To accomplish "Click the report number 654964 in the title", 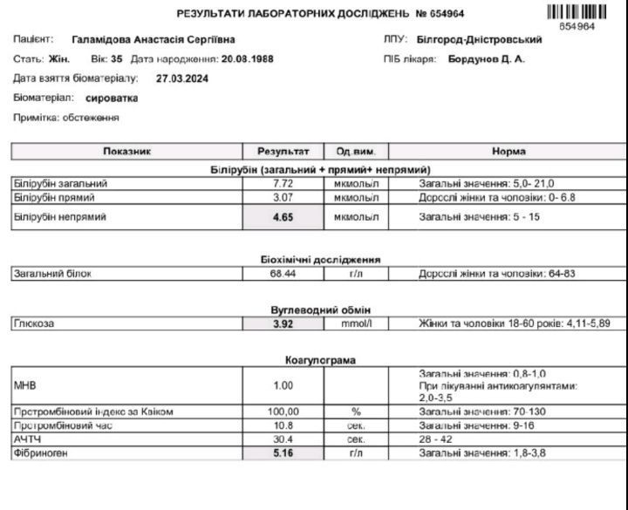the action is [x=446, y=14].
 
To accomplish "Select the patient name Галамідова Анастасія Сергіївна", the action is [x=154, y=40].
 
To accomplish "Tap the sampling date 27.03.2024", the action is [x=182, y=78].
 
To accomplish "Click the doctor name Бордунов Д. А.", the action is [x=487, y=59].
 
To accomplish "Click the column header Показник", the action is [x=127, y=152].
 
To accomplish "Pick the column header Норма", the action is [x=509, y=152].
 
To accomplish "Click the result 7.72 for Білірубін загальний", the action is [x=283, y=184].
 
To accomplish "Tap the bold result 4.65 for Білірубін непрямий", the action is [x=283, y=217].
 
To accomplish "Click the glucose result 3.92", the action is [x=283, y=323].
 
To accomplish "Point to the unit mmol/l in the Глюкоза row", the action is [x=356, y=323].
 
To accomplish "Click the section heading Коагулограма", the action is [x=320, y=360].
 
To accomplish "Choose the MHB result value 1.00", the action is [x=283, y=385].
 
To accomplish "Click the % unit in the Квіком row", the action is [x=356, y=411].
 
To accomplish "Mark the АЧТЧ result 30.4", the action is [x=283, y=440].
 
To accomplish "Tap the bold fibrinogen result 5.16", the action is [x=283, y=453].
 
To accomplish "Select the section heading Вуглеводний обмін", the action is [x=320, y=309].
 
